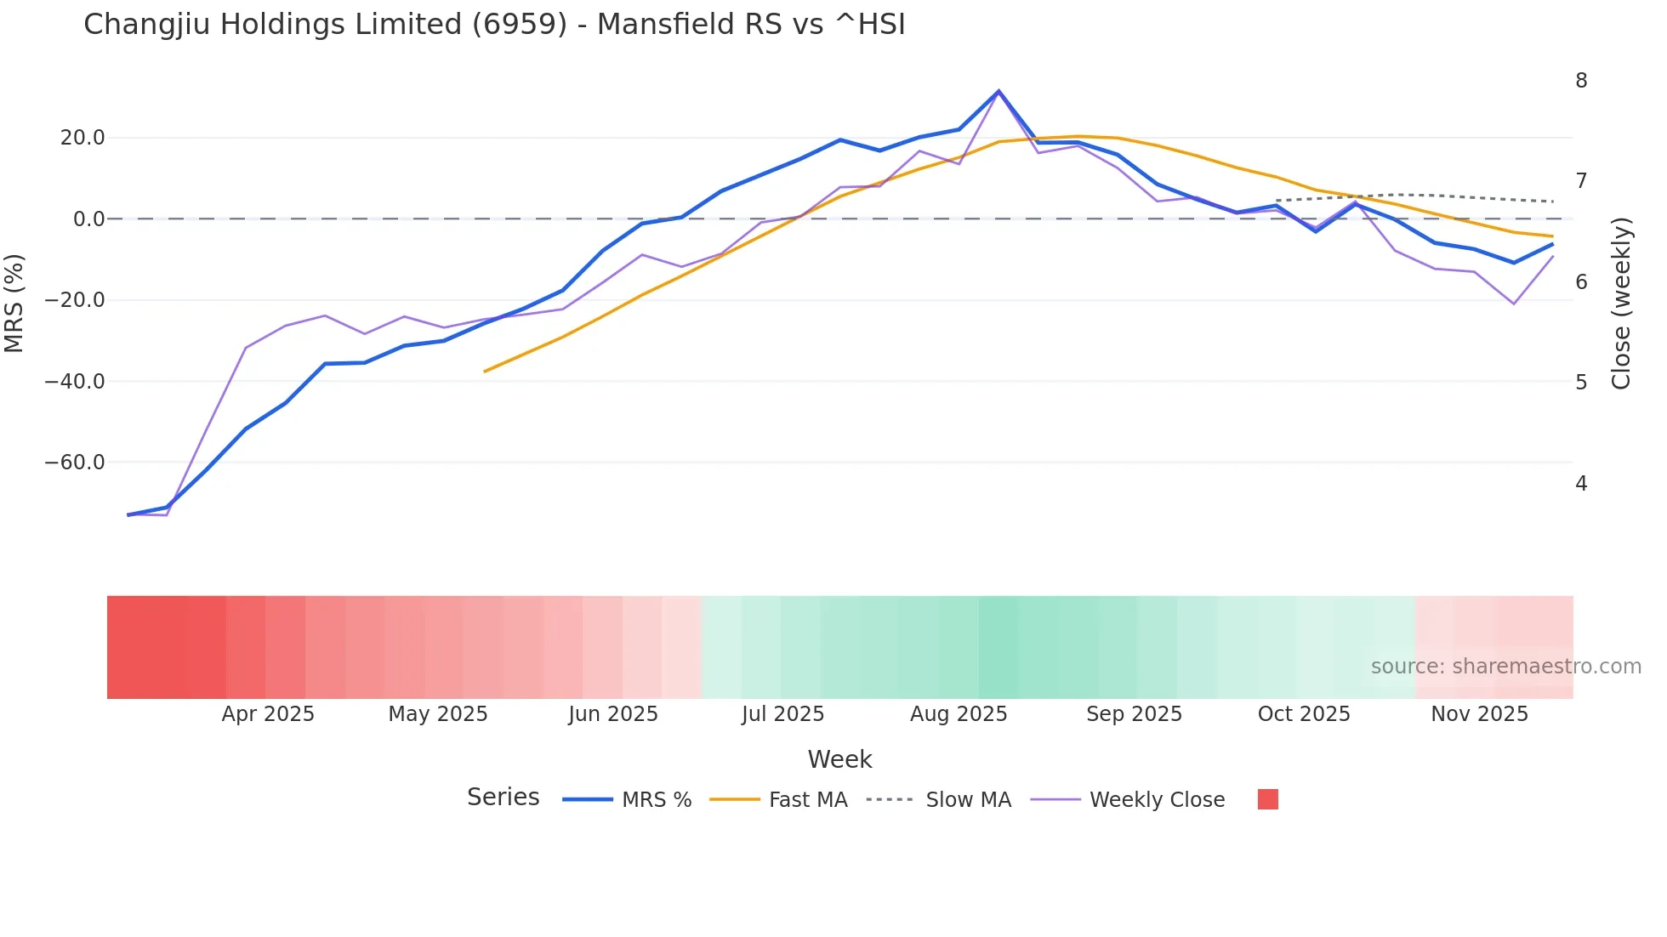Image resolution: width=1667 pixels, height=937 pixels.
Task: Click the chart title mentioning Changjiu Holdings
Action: [x=494, y=25]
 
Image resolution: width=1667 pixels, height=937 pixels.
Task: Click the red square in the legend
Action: [x=1267, y=799]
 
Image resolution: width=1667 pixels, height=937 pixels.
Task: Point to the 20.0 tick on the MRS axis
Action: [x=82, y=138]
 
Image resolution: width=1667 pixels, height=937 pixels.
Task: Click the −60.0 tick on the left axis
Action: [x=75, y=463]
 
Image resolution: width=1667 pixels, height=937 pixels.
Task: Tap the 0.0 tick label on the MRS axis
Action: [x=88, y=219]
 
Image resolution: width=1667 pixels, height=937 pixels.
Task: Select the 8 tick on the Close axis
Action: [x=1581, y=81]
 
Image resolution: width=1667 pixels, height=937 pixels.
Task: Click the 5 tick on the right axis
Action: [x=1581, y=383]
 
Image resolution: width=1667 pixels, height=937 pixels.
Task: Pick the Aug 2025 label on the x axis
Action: [x=959, y=714]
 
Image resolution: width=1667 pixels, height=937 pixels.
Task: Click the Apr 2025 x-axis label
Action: [x=268, y=714]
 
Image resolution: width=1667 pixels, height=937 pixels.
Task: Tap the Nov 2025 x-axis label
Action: [x=1479, y=714]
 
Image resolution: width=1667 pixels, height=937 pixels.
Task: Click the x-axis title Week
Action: [x=839, y=759]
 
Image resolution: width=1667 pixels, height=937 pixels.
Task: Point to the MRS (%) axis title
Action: [x=14, y=303]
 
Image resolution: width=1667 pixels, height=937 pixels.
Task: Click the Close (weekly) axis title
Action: [x=1621, y=303]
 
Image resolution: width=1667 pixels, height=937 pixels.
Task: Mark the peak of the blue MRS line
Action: [x=998, y=91]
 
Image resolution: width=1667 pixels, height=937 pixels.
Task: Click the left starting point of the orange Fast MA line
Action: [x=485, y=372]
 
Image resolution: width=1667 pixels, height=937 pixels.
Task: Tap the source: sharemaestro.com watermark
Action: [x=1505, y=667]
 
